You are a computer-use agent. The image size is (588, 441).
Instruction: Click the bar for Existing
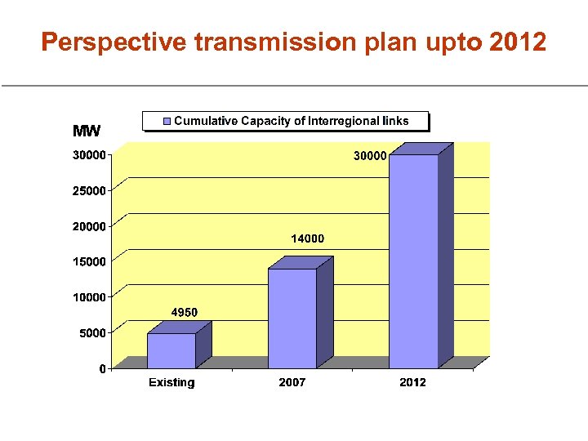[171, 350]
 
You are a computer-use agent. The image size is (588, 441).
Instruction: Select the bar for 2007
[292, 318]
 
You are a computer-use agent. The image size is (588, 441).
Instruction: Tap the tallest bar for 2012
[413, 261]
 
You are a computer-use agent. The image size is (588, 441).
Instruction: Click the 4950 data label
[184, 312]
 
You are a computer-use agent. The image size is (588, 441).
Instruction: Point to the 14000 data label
[308, 238]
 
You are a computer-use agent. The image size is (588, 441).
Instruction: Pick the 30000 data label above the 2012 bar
[369, 155]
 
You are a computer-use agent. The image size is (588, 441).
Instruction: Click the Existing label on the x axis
[171, 382]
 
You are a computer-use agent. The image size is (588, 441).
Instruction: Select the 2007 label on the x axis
[292, 382]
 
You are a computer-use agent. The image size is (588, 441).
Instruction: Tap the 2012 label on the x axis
[412, 382]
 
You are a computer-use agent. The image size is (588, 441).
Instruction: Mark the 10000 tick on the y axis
[89, 297]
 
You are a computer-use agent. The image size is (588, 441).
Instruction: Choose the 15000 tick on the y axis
[89, 262]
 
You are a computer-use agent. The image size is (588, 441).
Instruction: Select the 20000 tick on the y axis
[89, 226]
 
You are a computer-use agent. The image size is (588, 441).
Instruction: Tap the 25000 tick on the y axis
[89, 191]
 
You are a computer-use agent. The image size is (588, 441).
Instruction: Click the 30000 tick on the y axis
[89, 155]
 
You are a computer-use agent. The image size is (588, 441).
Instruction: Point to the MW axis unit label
[87, 131]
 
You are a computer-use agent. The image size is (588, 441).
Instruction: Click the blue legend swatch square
[167, 121]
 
